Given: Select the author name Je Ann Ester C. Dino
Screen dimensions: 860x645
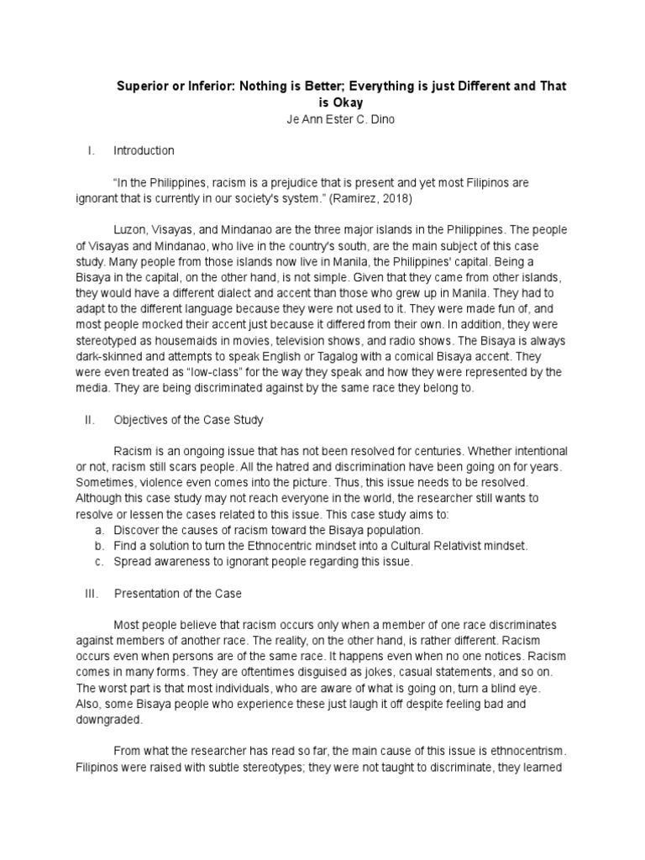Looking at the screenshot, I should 339,118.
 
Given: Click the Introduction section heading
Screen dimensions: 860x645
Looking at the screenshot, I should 144,150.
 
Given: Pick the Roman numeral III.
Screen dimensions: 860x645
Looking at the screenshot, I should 92,594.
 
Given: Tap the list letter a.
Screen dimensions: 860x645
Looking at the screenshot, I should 99,530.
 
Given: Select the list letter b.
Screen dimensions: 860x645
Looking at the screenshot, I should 99,546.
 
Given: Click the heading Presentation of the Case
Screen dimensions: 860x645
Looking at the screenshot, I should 177,594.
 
